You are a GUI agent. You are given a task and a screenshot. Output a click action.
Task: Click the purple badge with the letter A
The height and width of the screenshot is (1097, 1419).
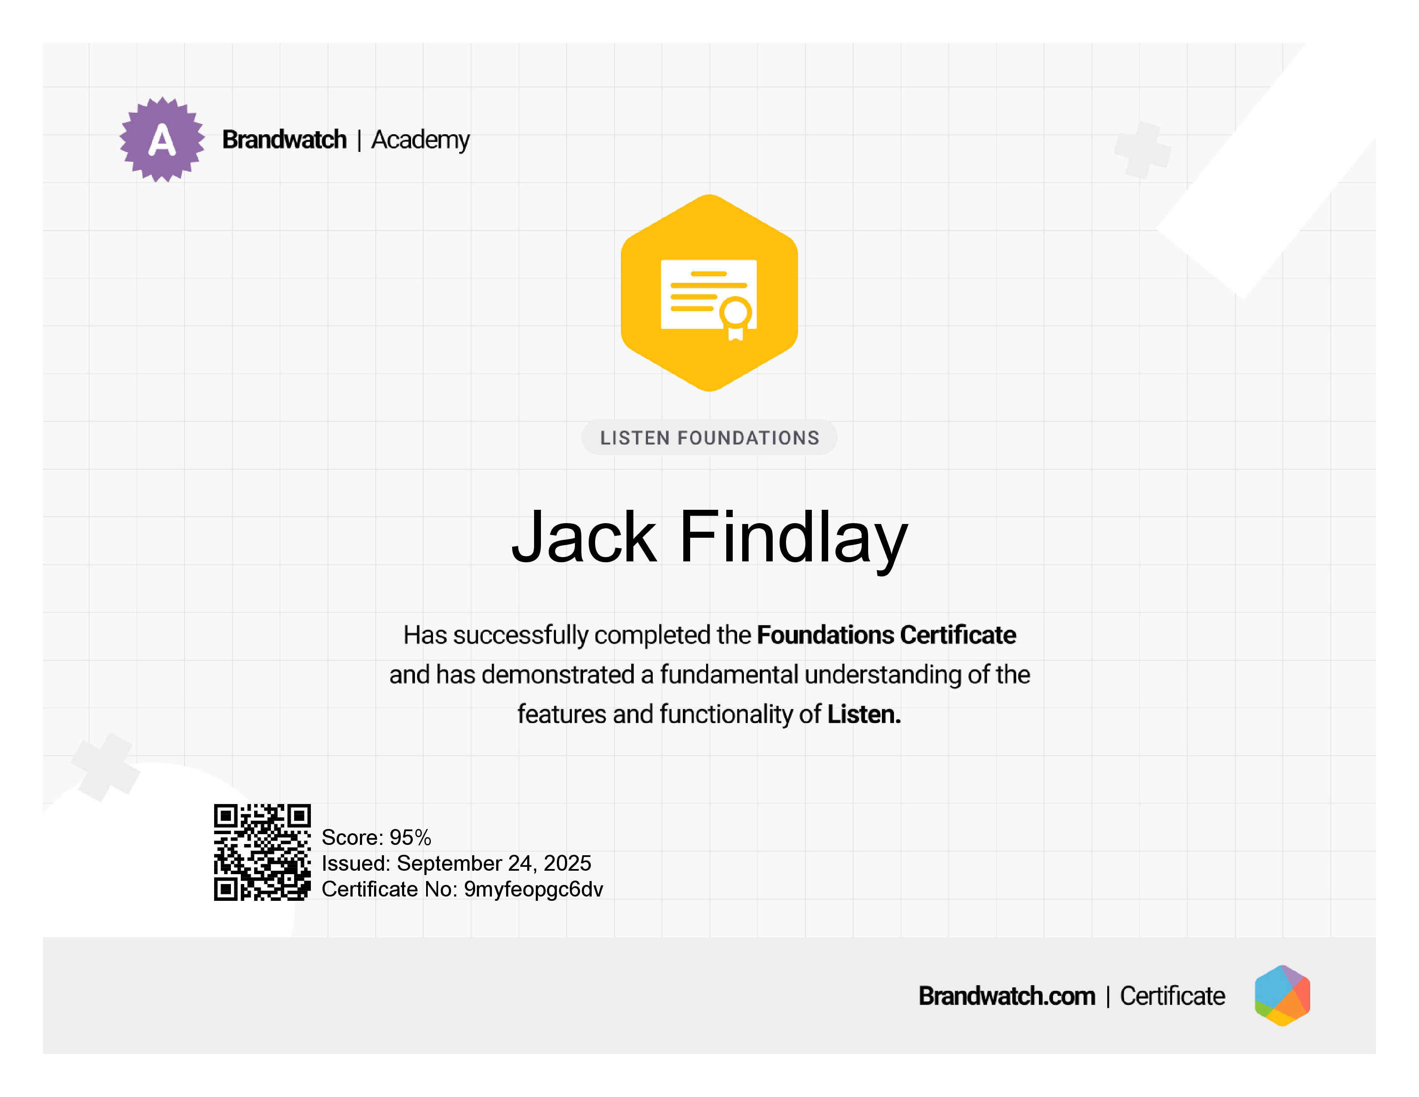point(162,140)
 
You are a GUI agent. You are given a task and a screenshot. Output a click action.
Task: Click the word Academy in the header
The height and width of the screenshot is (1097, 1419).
point(421,140)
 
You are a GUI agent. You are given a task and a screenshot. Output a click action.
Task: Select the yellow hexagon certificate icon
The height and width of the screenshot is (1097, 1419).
point(709,293)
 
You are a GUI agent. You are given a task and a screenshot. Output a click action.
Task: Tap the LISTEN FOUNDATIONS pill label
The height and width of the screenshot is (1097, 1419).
point(709,438)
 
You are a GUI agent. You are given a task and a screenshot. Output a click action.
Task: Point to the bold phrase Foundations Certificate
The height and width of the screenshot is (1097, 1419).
point(886,635)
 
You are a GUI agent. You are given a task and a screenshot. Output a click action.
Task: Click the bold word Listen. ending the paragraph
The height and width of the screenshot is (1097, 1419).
point(864,714)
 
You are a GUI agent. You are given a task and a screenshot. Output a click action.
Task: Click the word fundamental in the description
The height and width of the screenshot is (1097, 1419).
point(729,675)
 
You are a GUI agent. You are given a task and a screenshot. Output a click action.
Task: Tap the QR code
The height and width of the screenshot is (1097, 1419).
point(262,852)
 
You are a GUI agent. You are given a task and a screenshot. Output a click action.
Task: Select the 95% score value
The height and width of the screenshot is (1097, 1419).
point(411,837)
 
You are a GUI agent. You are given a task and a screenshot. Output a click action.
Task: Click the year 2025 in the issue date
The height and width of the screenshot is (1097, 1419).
point(567,863)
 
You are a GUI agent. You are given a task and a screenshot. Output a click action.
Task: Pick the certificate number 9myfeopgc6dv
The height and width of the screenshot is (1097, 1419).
point(534,890)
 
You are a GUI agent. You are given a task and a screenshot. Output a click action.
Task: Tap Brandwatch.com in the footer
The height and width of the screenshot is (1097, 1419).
point(1007,995)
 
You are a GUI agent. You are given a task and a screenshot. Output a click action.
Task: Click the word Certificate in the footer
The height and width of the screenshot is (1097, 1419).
point(1173,995)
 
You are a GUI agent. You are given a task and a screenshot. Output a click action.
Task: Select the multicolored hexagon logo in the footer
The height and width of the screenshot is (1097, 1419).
point(1283,995)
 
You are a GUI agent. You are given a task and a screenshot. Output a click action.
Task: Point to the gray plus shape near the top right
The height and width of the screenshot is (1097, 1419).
point(1143,150)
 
